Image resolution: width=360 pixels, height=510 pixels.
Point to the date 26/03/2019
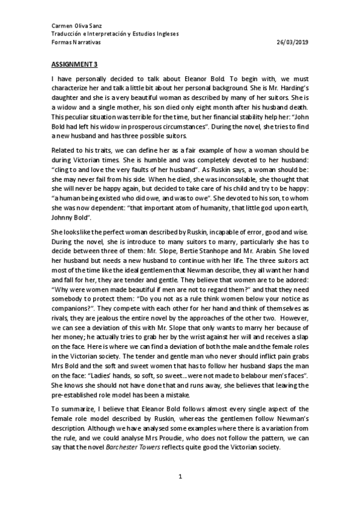point(293,43)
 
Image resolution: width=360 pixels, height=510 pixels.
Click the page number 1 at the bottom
point(180,478)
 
